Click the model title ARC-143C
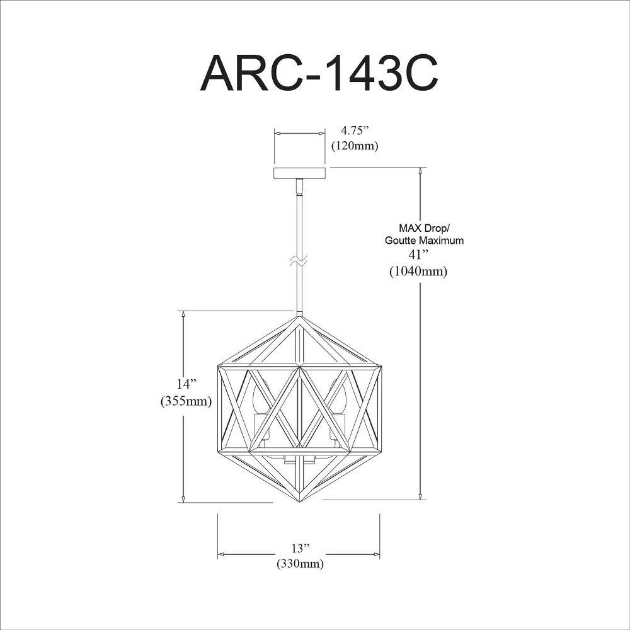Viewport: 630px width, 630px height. [x=319, y=74]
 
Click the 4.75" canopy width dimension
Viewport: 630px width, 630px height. [x=355, y=130]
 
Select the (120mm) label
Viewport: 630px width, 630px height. [x=355, y=146]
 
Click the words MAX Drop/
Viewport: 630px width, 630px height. [x=424, y=229]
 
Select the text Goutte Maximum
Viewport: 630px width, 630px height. [x=424, y=241]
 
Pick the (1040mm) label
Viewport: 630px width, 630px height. [x=418, y=272]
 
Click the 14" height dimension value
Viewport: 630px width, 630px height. [x=185, y=384]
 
